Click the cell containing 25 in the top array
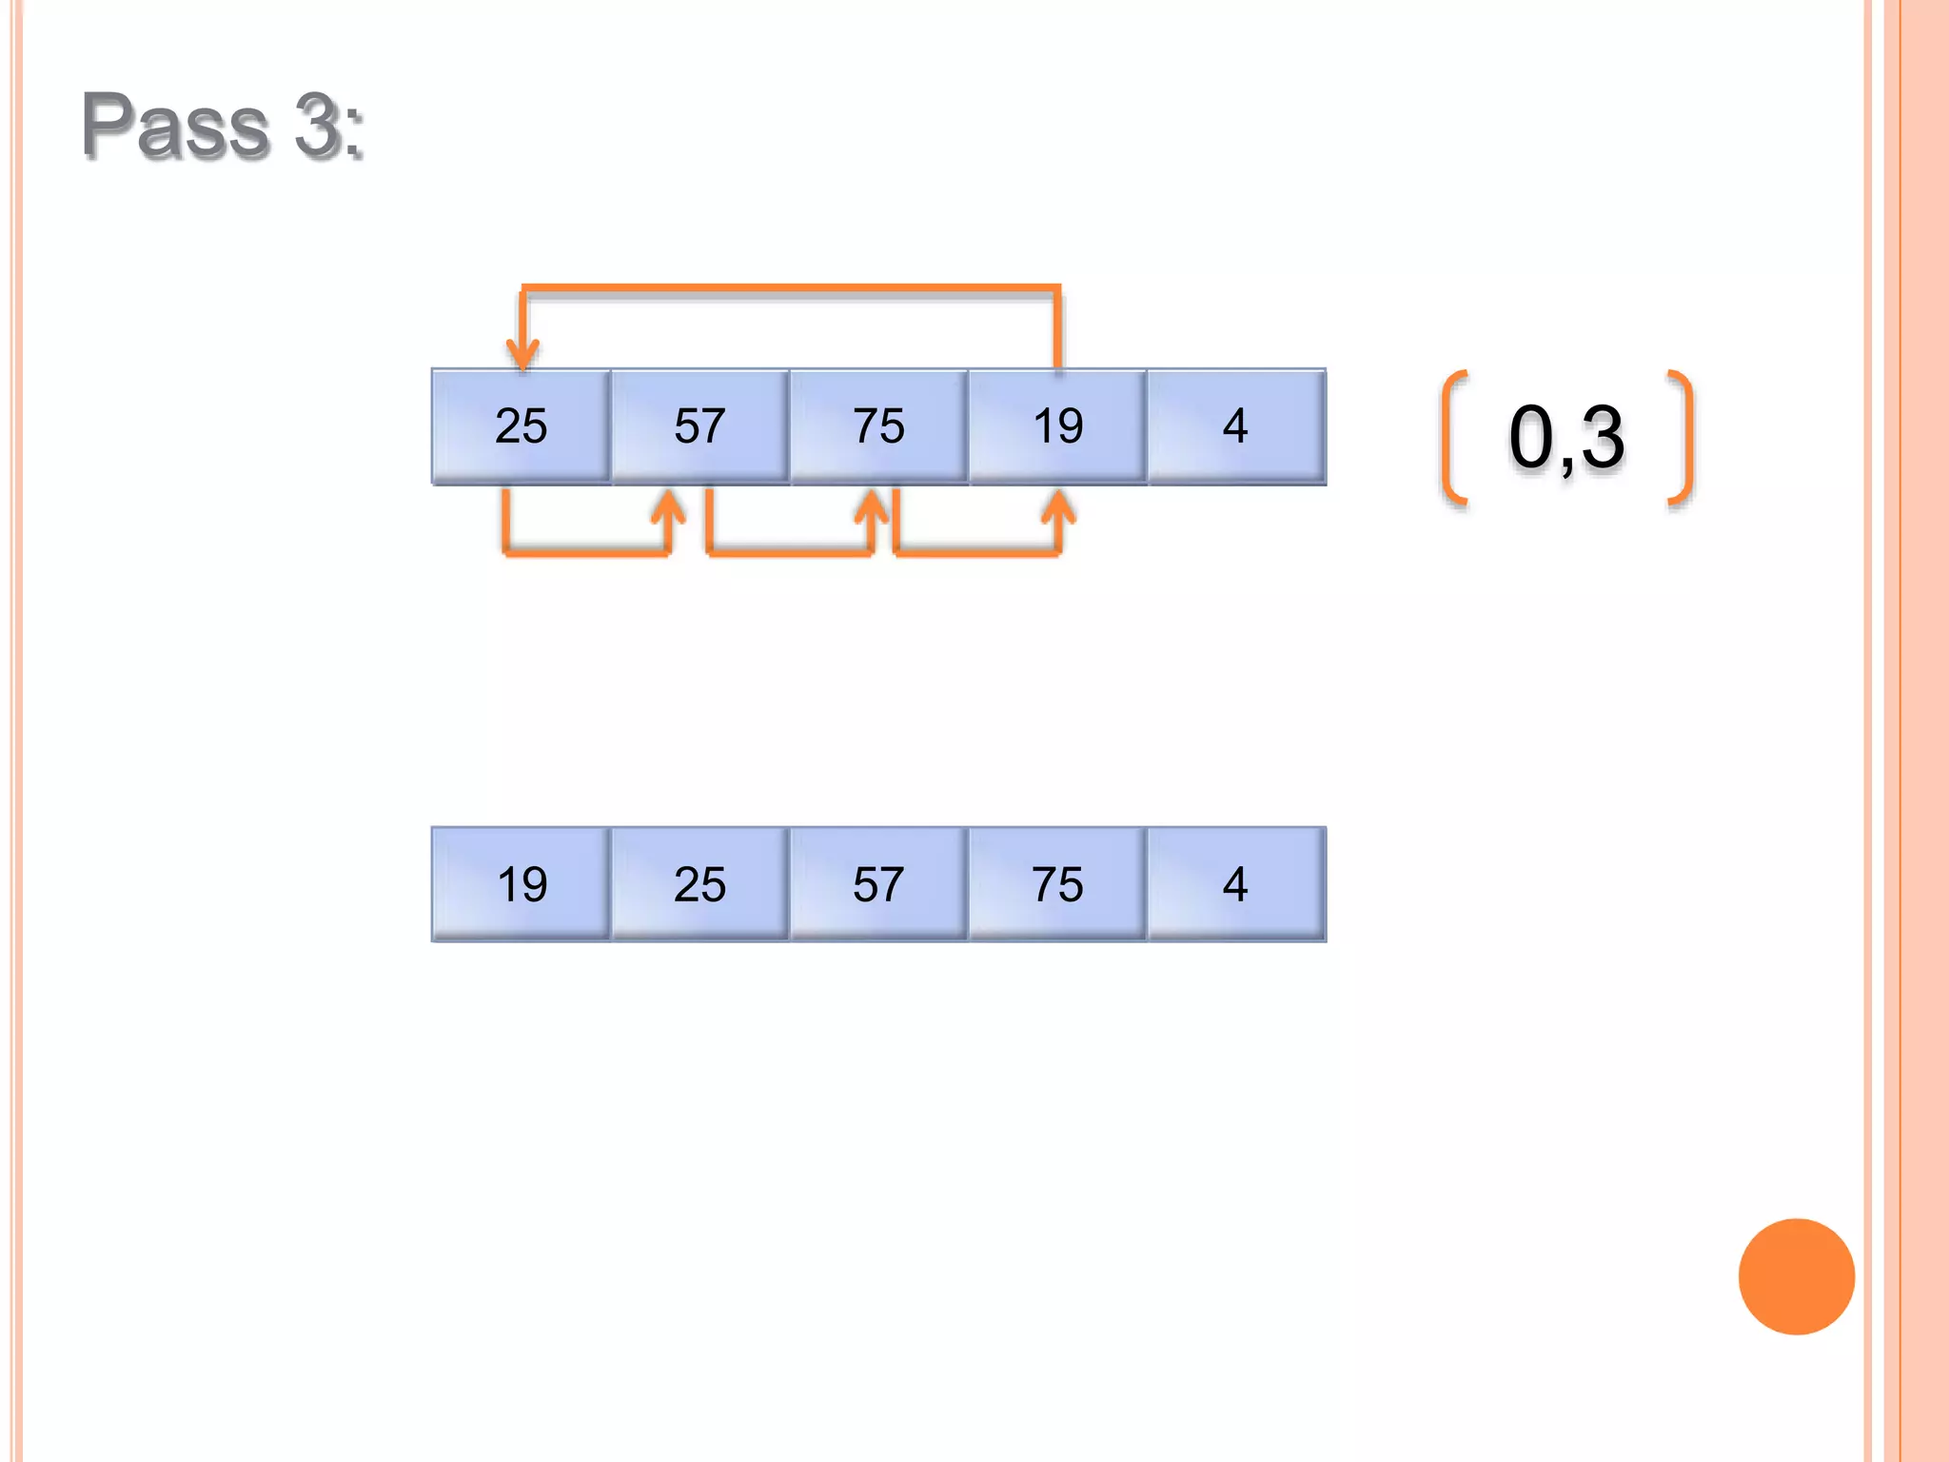point(521,426)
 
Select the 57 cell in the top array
point(699,426)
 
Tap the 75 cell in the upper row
point(878,426)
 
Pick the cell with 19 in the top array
point(1057,426)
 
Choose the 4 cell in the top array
point(1235,426)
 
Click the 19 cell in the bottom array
point(521,884)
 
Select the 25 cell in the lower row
point(699,884)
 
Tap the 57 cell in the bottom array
point(878,884)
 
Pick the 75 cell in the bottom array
point(1057,884)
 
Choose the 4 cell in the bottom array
point(1235,884)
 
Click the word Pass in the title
point(176,125)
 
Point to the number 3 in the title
point(317,125)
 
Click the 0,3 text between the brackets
point(1566,437)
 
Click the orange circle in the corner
point(1796,1276)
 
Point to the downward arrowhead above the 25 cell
point(522,353)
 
